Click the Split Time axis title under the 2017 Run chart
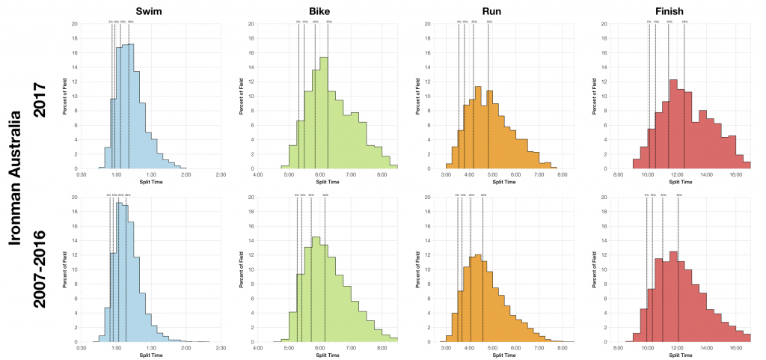click(x=505, y=181)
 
